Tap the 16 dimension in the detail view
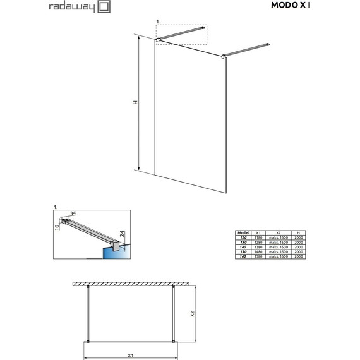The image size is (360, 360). click(x=57, y=225)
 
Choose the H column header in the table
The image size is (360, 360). click(x=299, y=232)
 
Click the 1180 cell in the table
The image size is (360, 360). click(x=258, y=237)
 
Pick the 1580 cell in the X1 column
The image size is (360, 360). click(x=258, y=257)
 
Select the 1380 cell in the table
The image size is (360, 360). click(x=258, y=248)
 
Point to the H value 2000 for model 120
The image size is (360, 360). click(x=299, y=237)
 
